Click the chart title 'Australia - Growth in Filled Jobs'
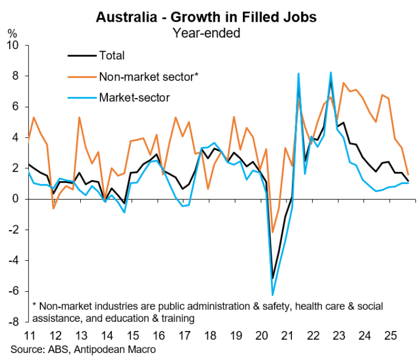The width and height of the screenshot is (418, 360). coord(206,17)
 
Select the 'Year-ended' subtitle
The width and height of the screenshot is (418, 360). coord(206,33)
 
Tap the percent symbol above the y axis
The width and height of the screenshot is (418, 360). coord(12,33)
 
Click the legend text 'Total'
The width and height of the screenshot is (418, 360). coord(112,55)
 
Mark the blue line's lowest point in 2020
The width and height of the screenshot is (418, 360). coord(272,295)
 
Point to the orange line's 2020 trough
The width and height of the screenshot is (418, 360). coord(272,232)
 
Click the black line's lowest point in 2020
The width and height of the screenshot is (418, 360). coord(272,278)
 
